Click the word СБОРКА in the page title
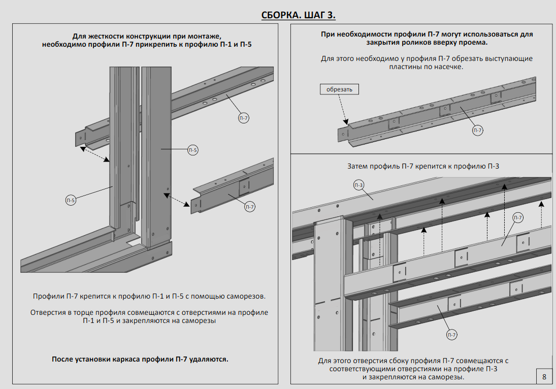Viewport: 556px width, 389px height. [279, 14]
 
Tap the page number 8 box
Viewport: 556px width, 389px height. [544, 377]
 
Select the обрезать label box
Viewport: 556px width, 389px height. [339, 89]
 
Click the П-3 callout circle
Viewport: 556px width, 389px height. [359, 185]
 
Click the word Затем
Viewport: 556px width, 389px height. [358, 166]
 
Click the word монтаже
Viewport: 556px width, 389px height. [203, 36]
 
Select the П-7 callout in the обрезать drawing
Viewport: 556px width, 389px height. [478, 131]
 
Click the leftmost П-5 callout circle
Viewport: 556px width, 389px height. [71, 201]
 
